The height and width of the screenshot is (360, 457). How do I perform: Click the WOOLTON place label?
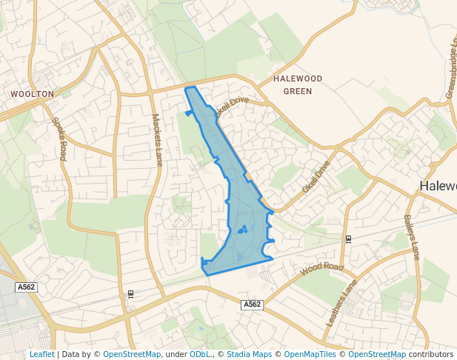(x=32, y=94)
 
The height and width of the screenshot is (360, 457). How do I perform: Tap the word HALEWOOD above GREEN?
(x=298, y=79)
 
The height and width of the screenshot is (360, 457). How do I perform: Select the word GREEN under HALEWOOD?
(x=298, y=91)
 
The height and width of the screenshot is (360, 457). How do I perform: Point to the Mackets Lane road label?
(x=157, y=139)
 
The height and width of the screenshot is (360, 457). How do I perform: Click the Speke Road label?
(x=59, y=139)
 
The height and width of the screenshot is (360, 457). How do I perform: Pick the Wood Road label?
(x=323, y=267)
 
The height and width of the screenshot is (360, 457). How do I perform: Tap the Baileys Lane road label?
(x=412, y=236)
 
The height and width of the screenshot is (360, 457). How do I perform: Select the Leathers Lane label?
(x=341, y=303)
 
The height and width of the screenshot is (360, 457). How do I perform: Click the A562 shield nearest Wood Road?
(x=252, y=304)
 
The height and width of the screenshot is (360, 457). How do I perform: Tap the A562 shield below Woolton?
(x=26, y=287)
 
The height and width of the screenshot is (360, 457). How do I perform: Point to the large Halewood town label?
(x=438, y=186)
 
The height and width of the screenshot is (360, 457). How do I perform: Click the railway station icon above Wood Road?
(x=348, y=239)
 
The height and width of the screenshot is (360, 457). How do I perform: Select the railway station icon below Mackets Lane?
(x=131, y=294)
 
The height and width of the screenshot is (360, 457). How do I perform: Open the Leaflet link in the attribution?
(x=41, y=354)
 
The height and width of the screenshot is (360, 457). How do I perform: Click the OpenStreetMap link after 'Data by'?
(x=132, y=354)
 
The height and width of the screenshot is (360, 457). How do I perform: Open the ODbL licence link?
(x=200, y=354)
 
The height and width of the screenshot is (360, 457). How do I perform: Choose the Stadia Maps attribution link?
(x=249, y=354)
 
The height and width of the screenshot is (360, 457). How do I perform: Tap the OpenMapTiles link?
(x=311, y=354)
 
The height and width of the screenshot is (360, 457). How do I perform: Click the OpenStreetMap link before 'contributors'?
(x=377, y=354)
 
